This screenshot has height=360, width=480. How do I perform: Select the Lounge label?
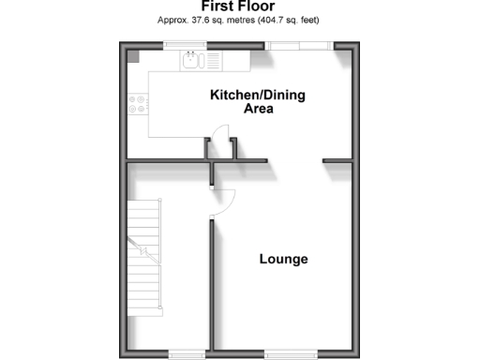283,259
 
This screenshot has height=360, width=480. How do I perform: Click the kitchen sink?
193,61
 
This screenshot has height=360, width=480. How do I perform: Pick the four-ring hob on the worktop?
137,104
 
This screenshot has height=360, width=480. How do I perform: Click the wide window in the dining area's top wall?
297,44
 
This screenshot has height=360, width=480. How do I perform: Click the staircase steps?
146,262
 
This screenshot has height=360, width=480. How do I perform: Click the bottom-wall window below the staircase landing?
187,353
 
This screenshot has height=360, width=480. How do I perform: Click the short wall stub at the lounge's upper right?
337,161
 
